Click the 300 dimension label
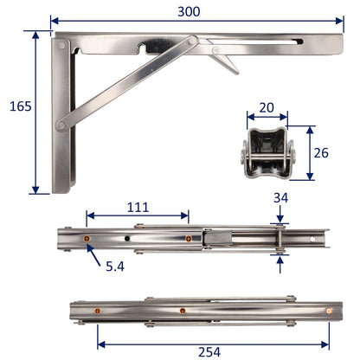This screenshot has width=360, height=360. pyautogui.click(x=191, y=11)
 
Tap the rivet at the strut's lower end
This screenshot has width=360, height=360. pyautogui.click(x=61, y=126)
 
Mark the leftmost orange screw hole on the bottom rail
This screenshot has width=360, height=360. pyautogui.click(x=98, y=309)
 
